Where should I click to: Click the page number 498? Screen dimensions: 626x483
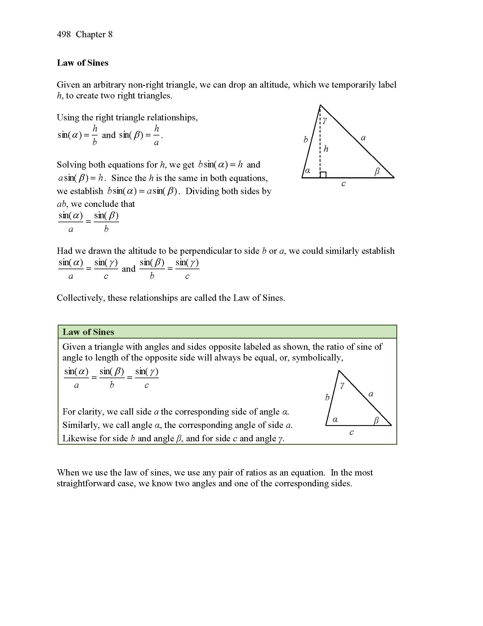click(64, 34)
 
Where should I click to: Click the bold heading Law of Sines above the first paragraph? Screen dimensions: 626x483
click(82, 63)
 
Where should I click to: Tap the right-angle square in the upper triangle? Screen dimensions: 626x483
click(323, 174)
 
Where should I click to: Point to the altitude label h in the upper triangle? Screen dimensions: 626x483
click(326, 149)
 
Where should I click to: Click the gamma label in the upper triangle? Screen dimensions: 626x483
click(324, 121)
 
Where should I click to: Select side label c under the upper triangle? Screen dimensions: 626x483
click(343, 184)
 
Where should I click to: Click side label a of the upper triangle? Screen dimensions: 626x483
click(363, 138)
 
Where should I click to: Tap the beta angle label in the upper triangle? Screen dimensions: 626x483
click(377, 171)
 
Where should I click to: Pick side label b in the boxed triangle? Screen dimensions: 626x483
click(327, 397)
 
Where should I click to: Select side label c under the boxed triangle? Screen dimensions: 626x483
click(351, 432)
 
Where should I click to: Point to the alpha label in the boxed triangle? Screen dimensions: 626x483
click(335, 420)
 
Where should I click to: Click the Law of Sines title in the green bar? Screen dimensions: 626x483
click(88, 332)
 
